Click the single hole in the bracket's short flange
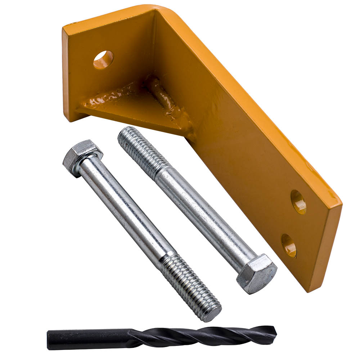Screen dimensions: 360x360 pos(103,60)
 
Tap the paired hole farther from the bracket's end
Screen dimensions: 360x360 pos(298,202)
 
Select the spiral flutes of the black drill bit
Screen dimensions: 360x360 pos(202,335)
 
